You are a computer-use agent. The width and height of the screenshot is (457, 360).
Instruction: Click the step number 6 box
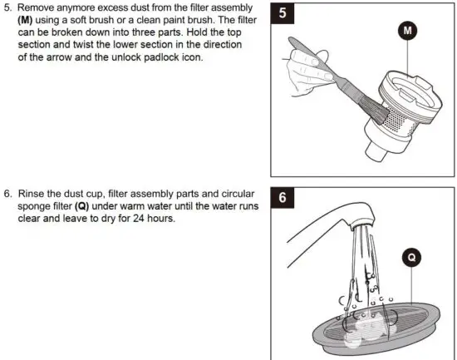tap(284, 199)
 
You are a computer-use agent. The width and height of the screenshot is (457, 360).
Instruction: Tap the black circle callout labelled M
tap(408, 30)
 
